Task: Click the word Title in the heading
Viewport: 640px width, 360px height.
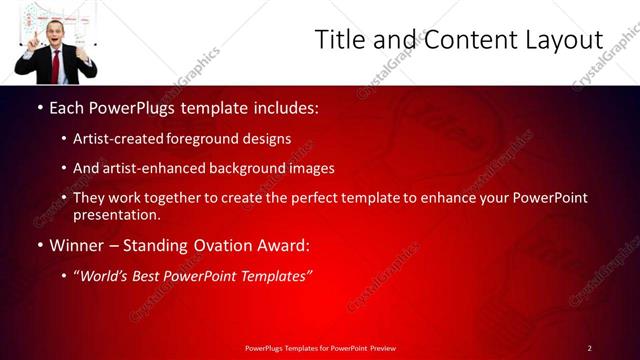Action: click(340, 40)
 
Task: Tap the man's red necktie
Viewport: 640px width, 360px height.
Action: click(56, 65)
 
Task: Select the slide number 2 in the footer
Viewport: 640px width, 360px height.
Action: click(590, 347)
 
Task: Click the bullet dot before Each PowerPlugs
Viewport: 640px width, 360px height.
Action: click(39, 106)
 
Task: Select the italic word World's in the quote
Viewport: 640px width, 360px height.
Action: click(106, 275)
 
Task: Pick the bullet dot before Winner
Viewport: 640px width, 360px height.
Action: click(39, 245)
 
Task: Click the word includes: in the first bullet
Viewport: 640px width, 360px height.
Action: click(282, 106)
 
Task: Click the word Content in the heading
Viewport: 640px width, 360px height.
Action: click(464, 40)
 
